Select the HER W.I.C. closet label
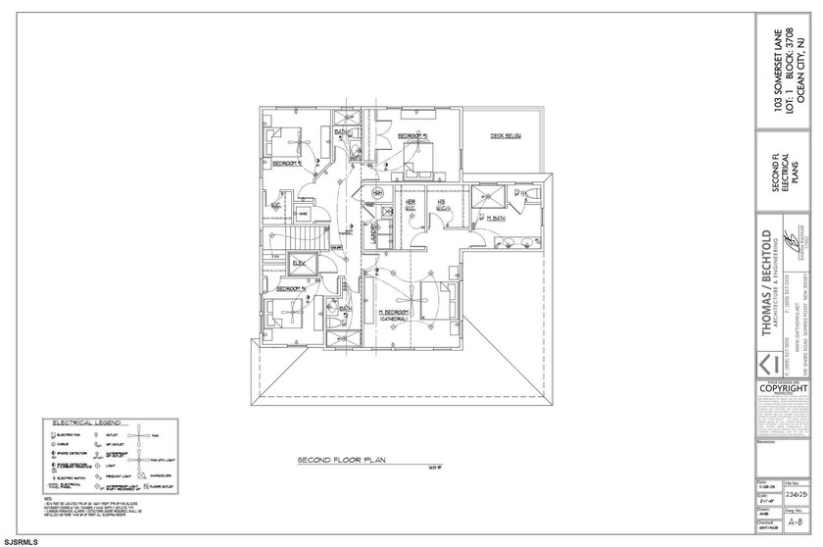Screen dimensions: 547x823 point(411,205)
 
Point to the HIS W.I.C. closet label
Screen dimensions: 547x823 point(442,207)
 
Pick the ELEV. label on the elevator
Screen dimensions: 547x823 point(299,263)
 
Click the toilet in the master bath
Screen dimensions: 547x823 point(533,196)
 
